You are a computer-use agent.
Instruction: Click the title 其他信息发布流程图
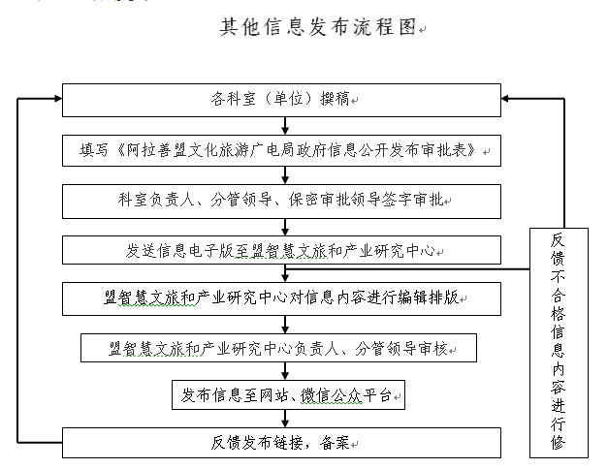tap(318, 27)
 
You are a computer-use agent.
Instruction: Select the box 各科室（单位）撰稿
tap(281, 100)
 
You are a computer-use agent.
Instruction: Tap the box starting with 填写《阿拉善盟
tap(281, 151)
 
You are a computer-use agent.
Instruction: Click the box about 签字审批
tap(281, 202)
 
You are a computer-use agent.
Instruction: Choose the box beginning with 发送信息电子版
tap(281, 250)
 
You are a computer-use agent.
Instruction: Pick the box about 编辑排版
tap(281, 298)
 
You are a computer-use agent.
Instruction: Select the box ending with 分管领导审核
tap(278, 348)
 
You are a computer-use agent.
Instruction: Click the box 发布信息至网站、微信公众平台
tap(288, 395)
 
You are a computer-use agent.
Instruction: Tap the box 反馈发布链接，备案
tap(281, 443)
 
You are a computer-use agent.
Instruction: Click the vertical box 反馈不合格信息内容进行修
tap(559, 343)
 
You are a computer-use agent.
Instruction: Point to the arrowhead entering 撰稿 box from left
tap(58, 99)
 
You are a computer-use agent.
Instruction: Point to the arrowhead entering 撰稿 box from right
tap(505, 99)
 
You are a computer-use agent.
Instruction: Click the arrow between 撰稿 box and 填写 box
tap(285, 126)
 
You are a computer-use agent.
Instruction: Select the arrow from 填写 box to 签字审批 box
tap(285, 175)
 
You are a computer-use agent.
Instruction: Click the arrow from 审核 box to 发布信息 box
tap(285, 371)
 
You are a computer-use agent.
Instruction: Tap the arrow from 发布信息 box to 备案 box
tap(285, 419)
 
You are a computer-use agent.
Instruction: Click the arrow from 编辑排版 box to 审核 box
tap(285, 325)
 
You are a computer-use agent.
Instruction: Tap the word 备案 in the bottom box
tap(335, 443)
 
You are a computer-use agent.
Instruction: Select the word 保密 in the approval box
tap(304, 200)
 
